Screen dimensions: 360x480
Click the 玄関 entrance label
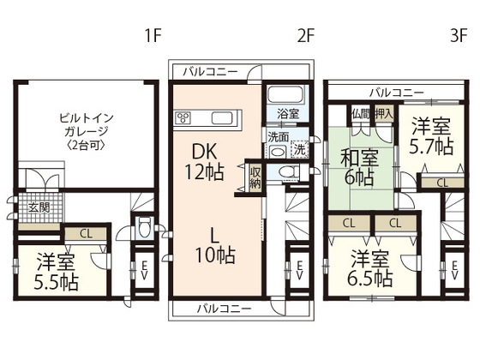pos(37,207)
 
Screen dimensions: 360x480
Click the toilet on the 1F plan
pos(144,229)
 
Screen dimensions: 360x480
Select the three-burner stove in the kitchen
pos(183,117)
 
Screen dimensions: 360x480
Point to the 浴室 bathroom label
pos(287,112)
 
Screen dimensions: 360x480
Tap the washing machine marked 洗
pos(300,149)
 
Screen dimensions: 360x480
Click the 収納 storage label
pos(255,177)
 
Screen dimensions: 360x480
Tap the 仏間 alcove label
pos(360,113)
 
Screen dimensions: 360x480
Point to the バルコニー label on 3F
pos(397,91)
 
